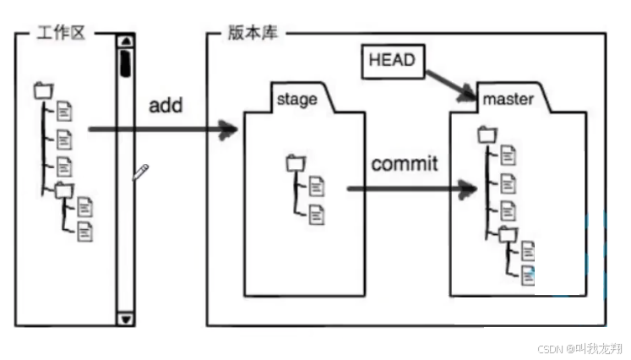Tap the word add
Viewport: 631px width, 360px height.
tap(166, 106)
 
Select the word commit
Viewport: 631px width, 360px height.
tap(405, 163)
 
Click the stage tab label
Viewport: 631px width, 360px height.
tap(296, 99)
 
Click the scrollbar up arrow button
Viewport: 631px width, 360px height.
tap(126, 40)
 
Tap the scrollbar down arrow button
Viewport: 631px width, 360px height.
tap(126, 319)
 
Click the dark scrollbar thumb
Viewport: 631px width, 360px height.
tap(125, 63)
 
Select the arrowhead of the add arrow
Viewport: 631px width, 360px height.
tap(228, 129)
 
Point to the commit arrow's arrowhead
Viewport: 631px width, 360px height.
tap(465, 188)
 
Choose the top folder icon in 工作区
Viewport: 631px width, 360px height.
tap(42, 90)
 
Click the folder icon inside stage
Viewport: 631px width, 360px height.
tap(293, 162)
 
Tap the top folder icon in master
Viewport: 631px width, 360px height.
tap(486, 134)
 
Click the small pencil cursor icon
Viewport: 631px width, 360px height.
tap(141, 172)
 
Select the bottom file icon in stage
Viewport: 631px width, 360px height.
tap(316, 214)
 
